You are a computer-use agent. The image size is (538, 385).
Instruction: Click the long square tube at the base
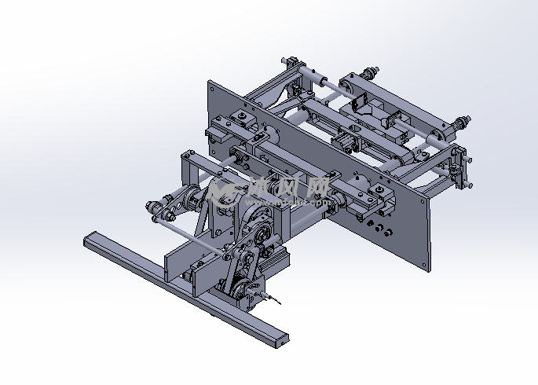tap(185, 289)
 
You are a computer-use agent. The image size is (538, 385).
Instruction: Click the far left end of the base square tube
tap(85, 241)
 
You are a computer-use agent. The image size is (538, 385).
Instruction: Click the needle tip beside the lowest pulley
tap(280, 303)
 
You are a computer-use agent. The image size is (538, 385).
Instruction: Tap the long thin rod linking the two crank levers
tap(189, 237)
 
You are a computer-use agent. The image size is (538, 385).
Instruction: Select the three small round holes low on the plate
tap(379, 228)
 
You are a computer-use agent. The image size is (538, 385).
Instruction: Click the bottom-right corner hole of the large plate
tap(424, 266)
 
